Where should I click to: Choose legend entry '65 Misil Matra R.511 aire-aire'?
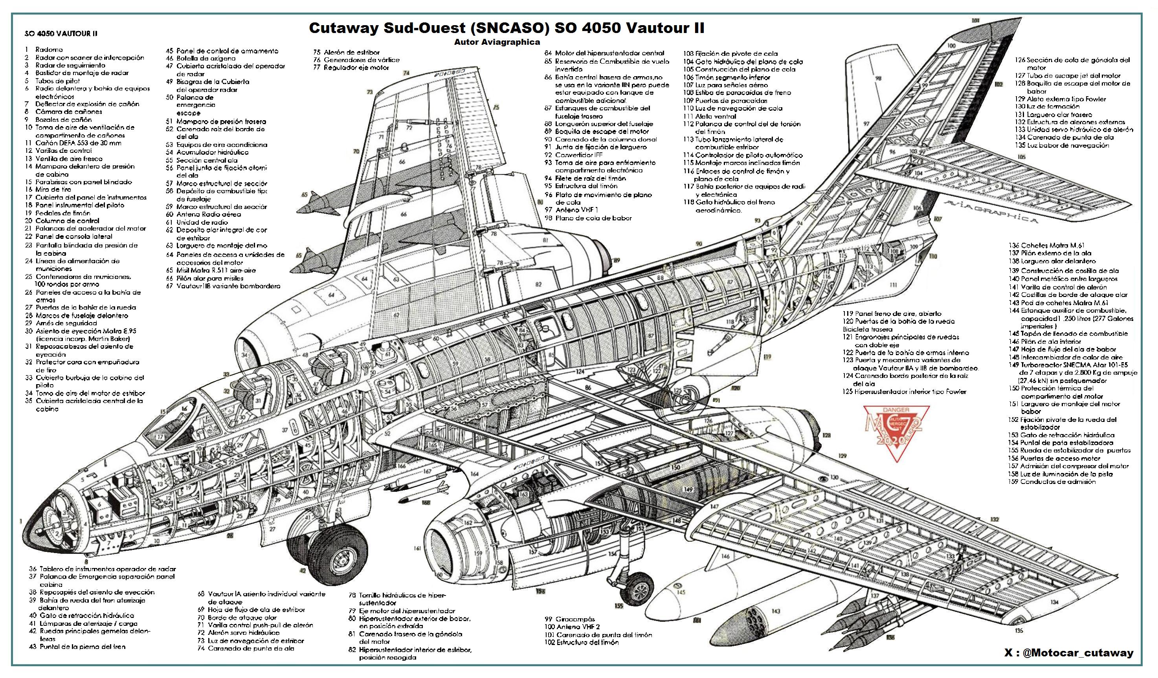[211, 271]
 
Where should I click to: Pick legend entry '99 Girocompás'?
[570, 619]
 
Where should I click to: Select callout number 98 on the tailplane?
[879, 79]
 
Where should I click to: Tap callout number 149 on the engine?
[688, 490]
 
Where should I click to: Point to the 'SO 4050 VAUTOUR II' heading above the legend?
[61, 33]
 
